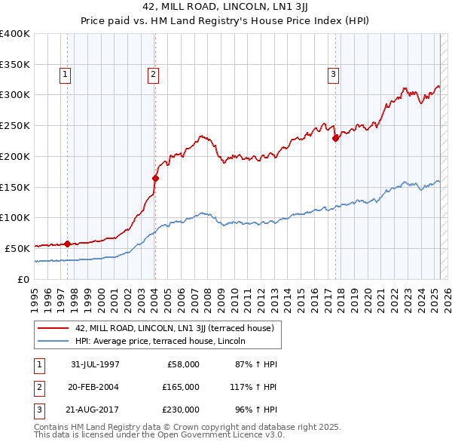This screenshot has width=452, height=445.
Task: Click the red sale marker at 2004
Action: (155, 178)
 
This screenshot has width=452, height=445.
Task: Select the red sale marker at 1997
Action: (67, 243)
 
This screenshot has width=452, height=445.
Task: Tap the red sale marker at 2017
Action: (335, 138)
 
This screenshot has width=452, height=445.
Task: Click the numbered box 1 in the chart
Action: (66, 74)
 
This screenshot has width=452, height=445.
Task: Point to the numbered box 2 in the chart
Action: (153, 74)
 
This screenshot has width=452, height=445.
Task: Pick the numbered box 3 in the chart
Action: (333, 74)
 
